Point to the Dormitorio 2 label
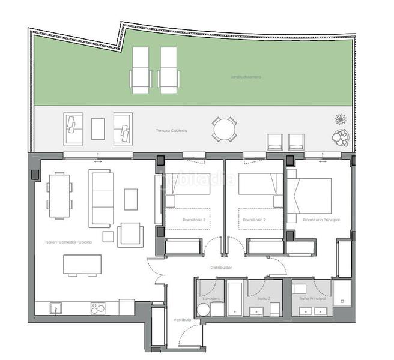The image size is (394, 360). (x=255, y=220)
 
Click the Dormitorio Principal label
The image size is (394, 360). (x=321, y=220)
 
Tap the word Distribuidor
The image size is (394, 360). (x=221, y=267)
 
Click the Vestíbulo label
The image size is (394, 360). (x=183, y=320)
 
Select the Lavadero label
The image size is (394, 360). (x=211, y=298)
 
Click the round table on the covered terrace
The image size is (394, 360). (x=224, y=129)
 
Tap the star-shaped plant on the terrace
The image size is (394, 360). (x=341, y=119)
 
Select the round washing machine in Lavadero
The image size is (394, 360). (x=203, y=310)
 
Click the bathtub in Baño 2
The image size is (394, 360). (x=235, y=296)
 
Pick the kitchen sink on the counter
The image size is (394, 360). (x=56, y=308)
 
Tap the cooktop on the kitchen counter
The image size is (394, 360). (x=97, y=308)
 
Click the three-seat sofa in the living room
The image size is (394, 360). (x=101, y=198)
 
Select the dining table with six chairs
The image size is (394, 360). (x=59, y=195)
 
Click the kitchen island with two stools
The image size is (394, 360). (x=83, y=265)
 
